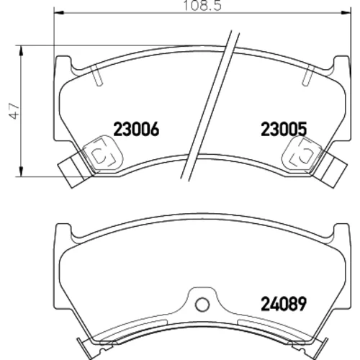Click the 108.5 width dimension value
click(202, 5)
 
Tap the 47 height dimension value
click(14, 111)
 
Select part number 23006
click(136, 129)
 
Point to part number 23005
click(284, 129)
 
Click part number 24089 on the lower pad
click(284, 304)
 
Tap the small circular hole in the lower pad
click(202, 305)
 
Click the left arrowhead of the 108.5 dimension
click(58, 12)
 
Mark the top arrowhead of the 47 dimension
click(22, 50)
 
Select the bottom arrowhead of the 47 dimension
click(22, 172)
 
